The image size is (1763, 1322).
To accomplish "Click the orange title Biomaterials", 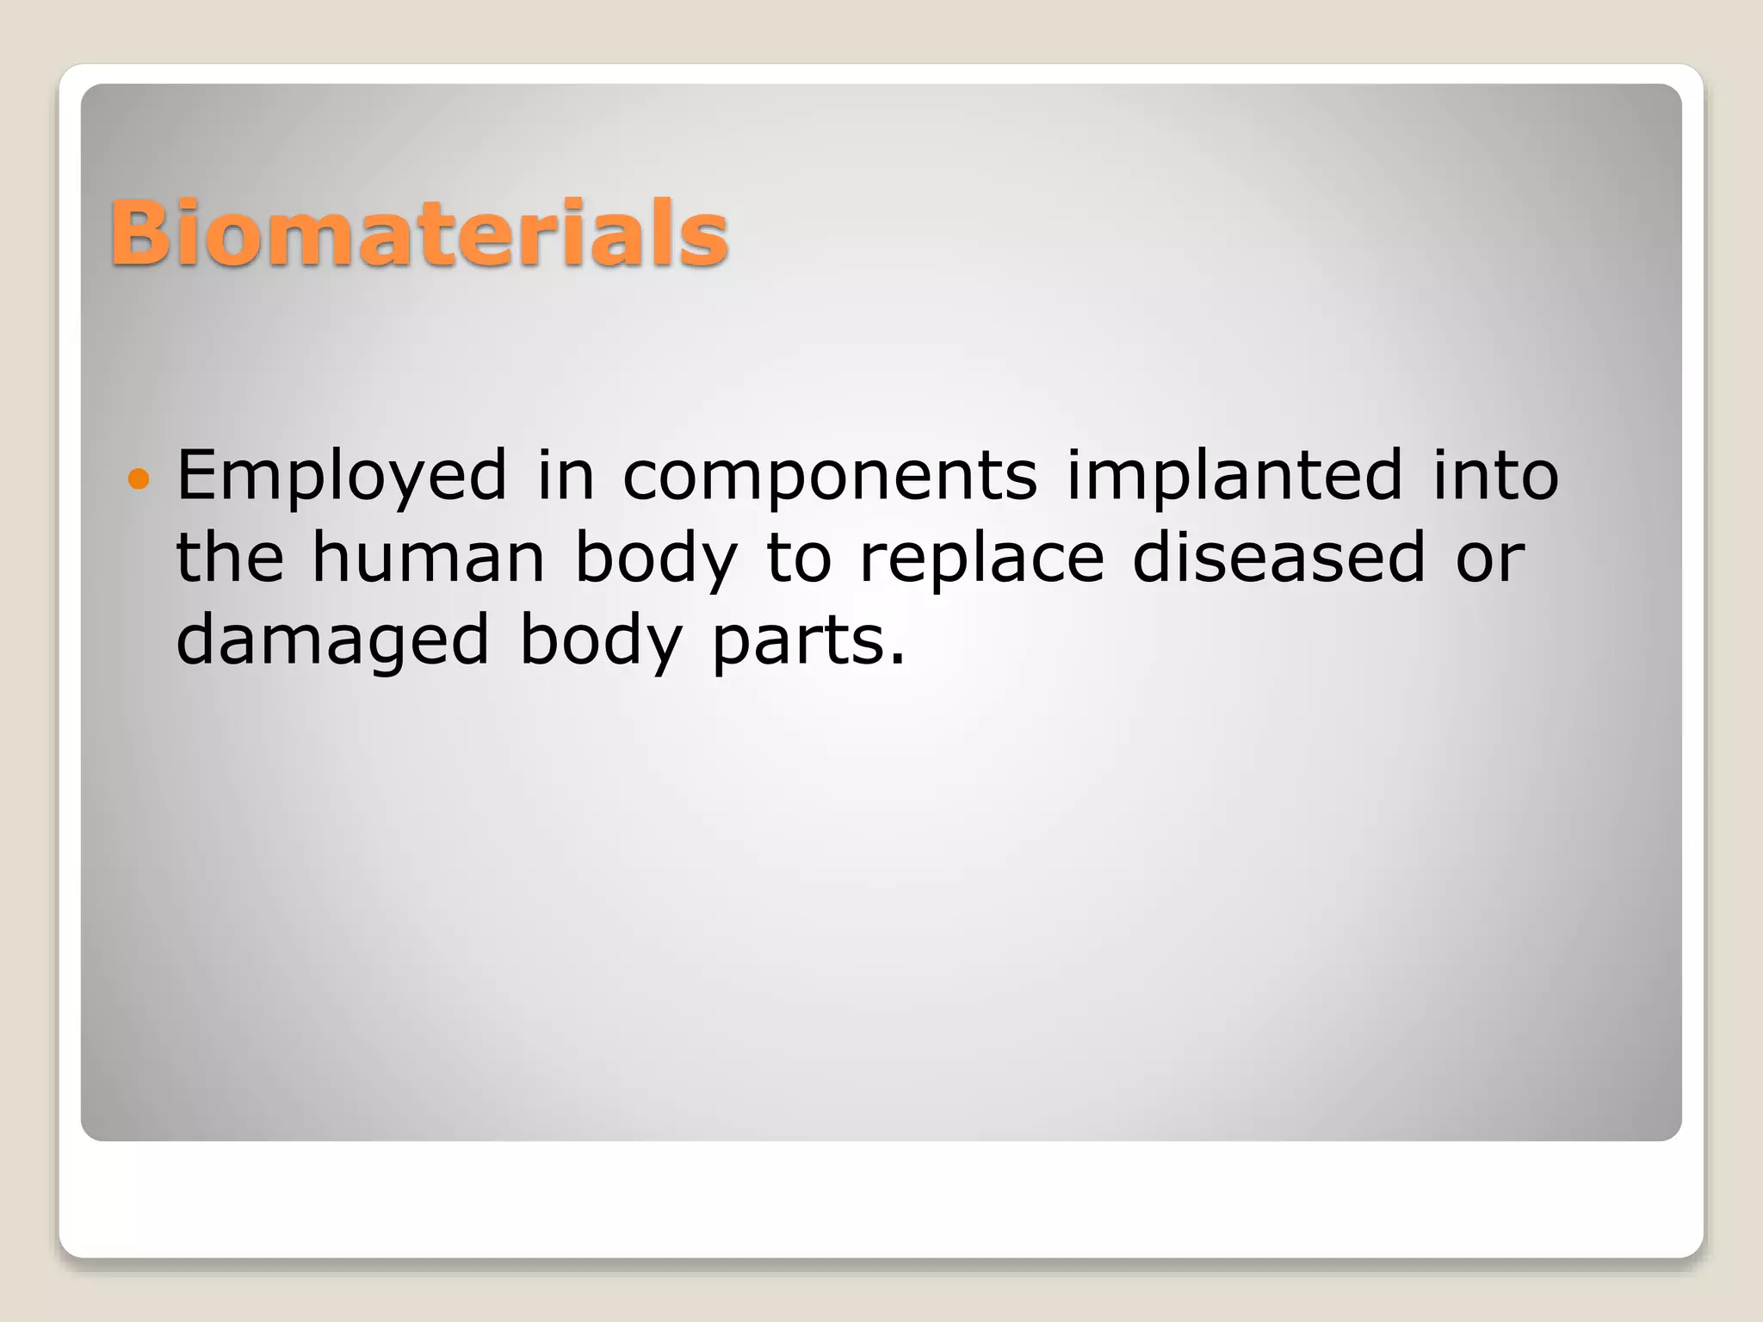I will (419, 232).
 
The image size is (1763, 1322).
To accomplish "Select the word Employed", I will (342, 476).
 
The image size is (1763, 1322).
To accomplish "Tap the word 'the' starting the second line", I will (230, 557).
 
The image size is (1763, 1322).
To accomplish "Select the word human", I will (429, 558).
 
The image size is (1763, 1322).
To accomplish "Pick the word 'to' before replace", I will (799, 558).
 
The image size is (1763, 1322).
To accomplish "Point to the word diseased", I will (1279, 557).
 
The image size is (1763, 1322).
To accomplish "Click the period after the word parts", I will (898, 660).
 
